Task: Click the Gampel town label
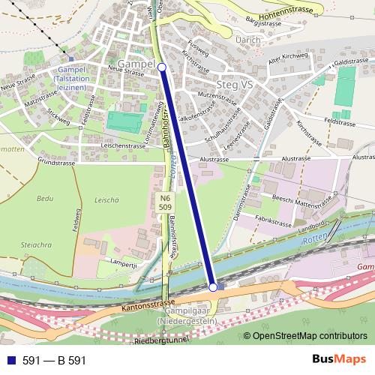point(135,64)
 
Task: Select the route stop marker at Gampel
point(162,67)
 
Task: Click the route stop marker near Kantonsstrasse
point(213,287)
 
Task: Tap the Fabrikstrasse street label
point(272,223)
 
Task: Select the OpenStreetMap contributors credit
point(305,336)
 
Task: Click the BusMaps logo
point(334,360)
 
